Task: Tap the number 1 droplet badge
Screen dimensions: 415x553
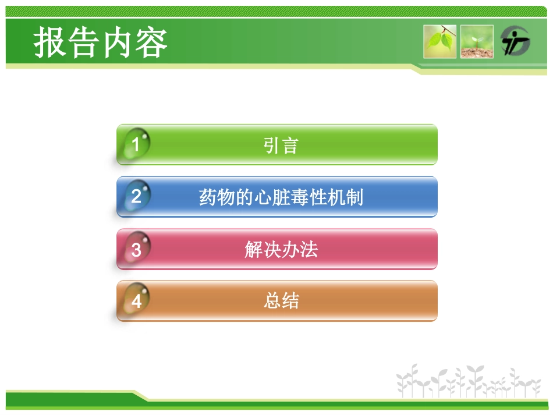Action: coord(136,144)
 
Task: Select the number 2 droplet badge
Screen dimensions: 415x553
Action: coord(136,196)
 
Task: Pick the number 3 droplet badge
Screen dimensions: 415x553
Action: coord(136,249)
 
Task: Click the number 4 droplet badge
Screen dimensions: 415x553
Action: coord(136,301)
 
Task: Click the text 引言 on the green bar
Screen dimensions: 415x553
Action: coord(281,145)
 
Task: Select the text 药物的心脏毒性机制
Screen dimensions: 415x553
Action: coord(281,197)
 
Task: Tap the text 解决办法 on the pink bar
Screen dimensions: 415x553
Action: coord(281,250)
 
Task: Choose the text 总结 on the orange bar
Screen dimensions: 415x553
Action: coord(281,302)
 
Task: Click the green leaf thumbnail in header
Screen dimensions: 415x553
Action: coord(440,41)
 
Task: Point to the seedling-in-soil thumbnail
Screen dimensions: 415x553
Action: coord(477,41)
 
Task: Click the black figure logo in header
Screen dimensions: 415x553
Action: coord(515,41)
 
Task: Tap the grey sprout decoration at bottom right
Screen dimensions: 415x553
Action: coord(469,381)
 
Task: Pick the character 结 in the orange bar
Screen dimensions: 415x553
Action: coord(290,302)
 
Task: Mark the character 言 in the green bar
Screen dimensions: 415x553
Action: coord(290,145)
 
